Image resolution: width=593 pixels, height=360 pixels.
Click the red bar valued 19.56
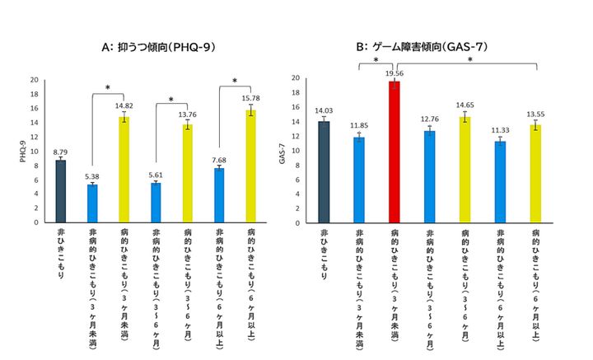point(394,153)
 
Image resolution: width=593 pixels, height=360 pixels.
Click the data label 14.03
point(324,111)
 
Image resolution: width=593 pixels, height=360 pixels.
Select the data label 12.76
point(429,120)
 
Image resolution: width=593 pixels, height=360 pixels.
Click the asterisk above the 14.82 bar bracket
point(108,87)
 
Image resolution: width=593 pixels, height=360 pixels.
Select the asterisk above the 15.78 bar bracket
point(235,81)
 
